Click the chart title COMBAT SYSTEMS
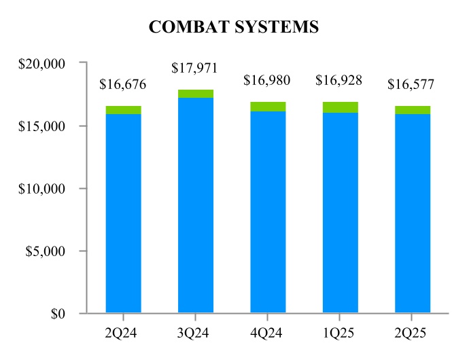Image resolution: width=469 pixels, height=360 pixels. pos(234,26)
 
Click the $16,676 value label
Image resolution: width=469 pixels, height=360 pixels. pos(123,85)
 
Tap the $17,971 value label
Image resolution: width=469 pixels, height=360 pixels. pos(196,68)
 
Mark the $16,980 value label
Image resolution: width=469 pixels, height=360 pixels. pos(268,81)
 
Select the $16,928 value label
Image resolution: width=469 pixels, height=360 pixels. pos(339,81)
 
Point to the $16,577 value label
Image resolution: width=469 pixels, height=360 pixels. pos(411,85)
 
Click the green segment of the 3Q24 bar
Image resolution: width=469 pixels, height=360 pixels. pos(196,94)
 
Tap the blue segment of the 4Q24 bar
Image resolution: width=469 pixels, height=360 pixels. pos(268,211)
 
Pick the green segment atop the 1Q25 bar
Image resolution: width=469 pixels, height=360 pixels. pos(340,107)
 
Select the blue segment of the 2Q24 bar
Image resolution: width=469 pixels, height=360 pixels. pos(123,211)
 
